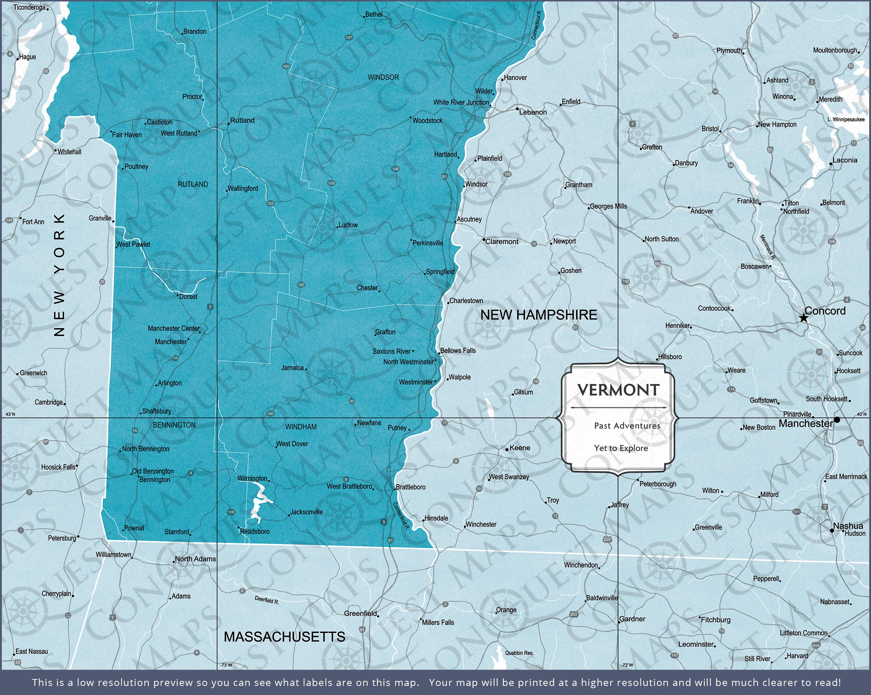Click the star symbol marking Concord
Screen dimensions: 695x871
point(803,318)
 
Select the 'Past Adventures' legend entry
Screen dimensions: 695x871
point(627,425)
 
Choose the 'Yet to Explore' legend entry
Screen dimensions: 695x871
point(621,448)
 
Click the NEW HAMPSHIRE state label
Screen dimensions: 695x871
point(539,315)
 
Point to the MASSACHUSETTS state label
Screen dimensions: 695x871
point(285,637)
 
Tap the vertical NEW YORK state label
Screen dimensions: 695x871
point(60,275)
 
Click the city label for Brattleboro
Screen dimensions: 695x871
point(410,487)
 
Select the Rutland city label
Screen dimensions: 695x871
point(242,120)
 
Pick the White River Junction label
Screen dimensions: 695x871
point(461,103)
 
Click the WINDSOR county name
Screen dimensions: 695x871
point(383,77)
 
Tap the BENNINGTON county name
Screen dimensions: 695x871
point(174,425)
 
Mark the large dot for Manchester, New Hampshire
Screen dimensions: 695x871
point(837,420)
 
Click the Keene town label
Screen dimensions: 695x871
point(520,448)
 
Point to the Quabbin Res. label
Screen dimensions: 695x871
point(519,653)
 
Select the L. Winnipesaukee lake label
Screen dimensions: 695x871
point(846,119)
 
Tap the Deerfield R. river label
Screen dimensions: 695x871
point(267,600)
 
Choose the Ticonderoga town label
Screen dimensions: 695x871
point(29,7)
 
